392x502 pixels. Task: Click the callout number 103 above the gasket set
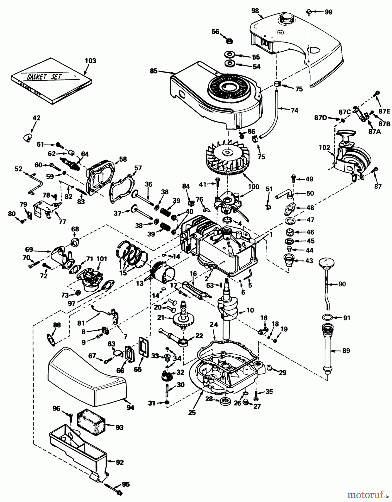(x=90, y=61)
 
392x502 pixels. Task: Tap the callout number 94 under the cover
(x=130, y=408)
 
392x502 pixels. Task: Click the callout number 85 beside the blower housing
(x=154, y=71)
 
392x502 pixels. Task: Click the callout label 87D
(x=320, y=118)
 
